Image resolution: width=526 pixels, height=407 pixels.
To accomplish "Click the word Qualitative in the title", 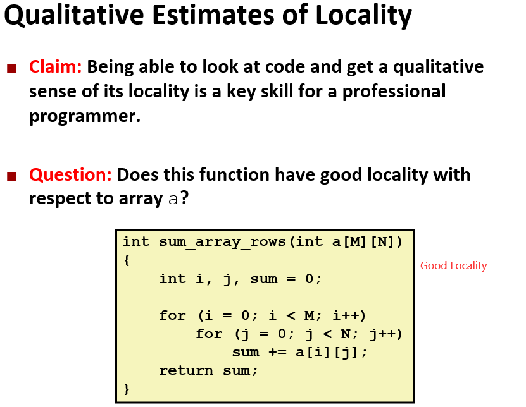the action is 74,15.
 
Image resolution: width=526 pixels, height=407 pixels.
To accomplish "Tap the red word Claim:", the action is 55,66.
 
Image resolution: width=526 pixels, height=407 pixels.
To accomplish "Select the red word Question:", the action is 70,175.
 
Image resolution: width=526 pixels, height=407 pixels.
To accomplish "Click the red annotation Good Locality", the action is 454,265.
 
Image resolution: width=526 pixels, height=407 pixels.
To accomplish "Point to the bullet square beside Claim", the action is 12,68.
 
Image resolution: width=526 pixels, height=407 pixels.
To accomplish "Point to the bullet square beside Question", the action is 12,176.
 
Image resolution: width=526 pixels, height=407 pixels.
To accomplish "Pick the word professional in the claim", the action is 394,92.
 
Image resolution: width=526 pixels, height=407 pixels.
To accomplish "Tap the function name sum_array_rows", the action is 222,242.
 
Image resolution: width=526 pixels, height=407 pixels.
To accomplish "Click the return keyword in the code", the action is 186,370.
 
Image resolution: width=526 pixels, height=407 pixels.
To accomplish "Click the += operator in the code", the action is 277,353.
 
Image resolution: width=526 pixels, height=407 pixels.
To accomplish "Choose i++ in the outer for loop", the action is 346,315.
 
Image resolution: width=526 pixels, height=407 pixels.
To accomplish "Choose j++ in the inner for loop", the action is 382,334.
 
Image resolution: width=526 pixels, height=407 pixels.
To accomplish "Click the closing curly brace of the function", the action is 127,389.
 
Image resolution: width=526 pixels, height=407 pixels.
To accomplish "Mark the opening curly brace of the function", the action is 127,260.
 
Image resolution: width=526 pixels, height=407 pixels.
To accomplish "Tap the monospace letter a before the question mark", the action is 173,200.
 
